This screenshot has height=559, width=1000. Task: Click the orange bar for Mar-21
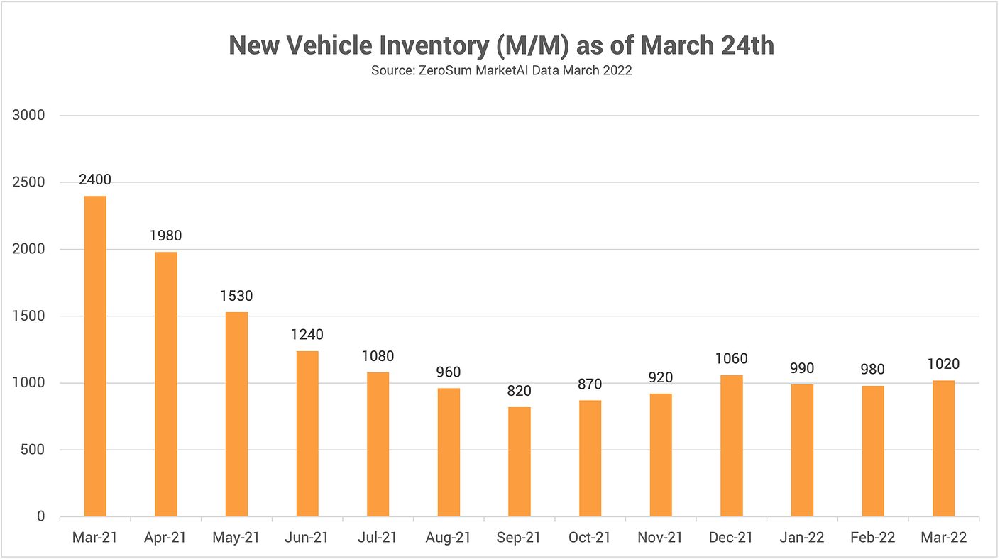click(95, 356)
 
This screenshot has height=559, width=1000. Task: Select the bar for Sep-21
click(520, 462)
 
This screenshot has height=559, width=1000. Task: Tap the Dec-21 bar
click(732, 445)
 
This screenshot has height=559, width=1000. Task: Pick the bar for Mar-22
click(943, 448)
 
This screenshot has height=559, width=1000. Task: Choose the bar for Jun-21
click(307, 433)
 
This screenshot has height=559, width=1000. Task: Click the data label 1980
click(166, 235)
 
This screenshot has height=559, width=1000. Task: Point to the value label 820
click(520, 391)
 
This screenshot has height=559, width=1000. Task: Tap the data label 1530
click(236, 295)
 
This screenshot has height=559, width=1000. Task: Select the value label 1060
click(732, 358)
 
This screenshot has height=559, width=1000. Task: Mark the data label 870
click(590, 384)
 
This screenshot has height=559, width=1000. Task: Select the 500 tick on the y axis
click(34, 450)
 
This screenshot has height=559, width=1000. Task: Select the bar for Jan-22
click(802, 450)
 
